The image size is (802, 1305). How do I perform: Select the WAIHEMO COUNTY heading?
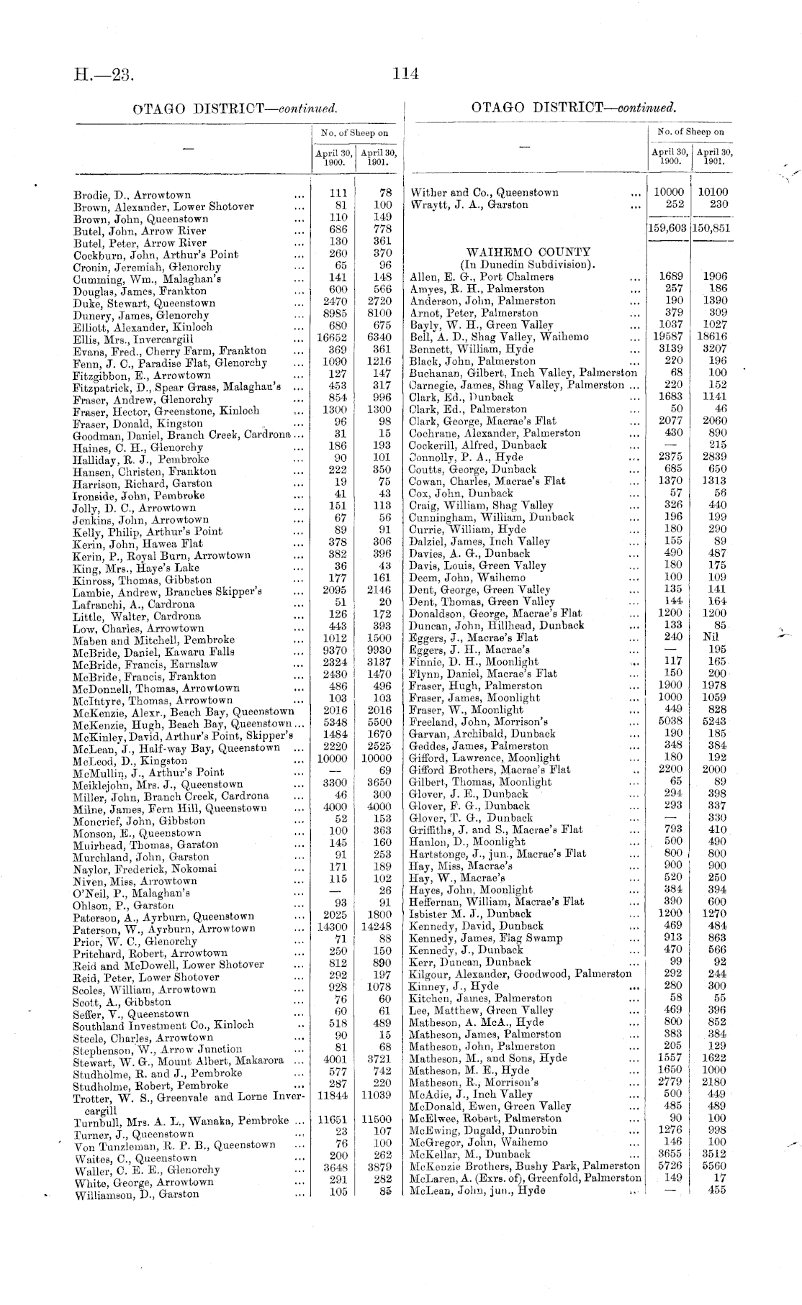pyautogui.click(x=528, y=253)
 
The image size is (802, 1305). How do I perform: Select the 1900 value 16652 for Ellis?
pyautogui.click(x=333, y=339)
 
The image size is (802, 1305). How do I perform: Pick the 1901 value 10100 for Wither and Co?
pyautogui.click(x=712, y=193)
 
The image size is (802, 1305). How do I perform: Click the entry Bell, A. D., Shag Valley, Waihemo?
pyautogui.click(x=499, y=337)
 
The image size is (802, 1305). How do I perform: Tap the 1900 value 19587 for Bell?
pyautogui.click(x=669, y=337)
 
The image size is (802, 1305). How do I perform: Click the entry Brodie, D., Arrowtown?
pyautogui.click(x=132, y=195)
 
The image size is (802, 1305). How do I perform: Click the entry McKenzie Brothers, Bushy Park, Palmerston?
pyautogui.click(x=524, y=1165)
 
